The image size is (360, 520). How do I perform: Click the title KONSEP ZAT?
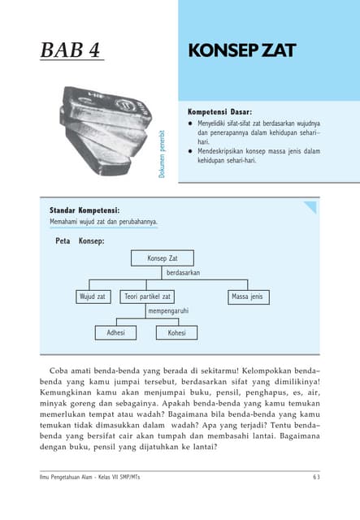241,50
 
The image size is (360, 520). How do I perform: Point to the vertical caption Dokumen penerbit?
163,154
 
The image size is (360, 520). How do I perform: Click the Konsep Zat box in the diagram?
163,258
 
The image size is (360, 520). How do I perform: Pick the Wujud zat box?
92,297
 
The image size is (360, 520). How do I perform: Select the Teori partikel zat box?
147,297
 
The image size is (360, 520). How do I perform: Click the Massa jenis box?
246,297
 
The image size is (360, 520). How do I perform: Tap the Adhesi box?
115,332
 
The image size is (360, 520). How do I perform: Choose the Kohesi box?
176,332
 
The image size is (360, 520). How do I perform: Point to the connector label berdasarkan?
184,274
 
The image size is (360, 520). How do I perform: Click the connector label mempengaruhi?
168,311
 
